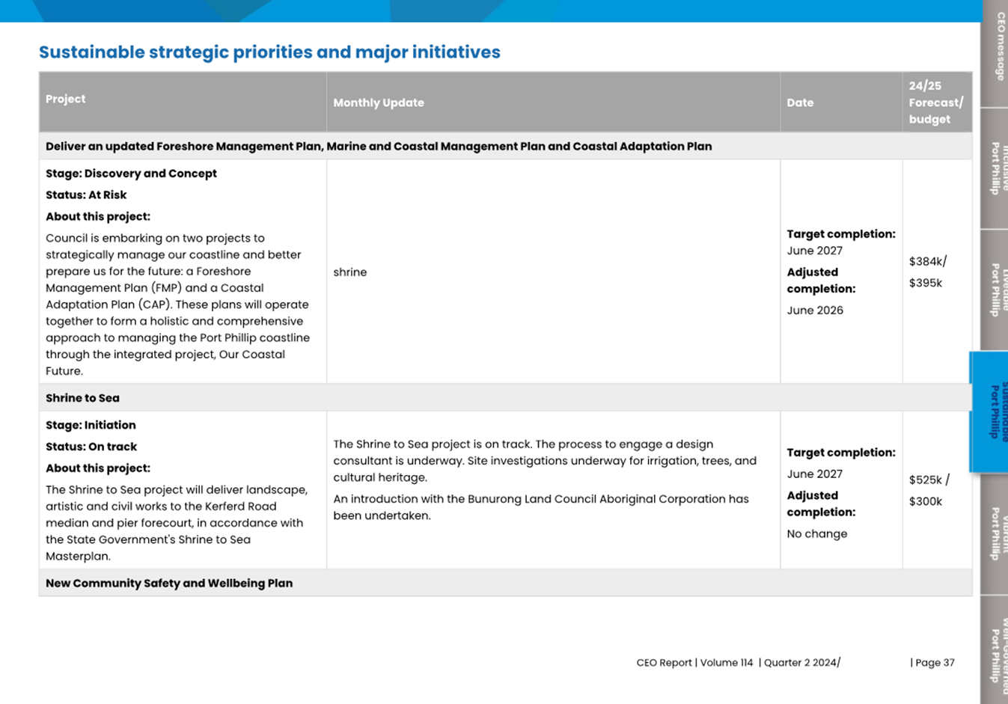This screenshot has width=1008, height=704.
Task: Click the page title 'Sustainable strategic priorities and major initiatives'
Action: [x=269, y=52]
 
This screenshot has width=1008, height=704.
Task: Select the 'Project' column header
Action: [x=66, y=99]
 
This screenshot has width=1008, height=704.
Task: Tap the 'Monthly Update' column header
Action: [x=379, y=102]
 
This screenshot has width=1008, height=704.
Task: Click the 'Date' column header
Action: [x=800, y=102]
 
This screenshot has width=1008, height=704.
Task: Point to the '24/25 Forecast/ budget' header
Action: [x=935, y=102]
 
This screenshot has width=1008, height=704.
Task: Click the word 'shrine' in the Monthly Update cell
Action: [x=350, y=272]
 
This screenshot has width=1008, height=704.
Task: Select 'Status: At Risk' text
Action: [x=86, y=195]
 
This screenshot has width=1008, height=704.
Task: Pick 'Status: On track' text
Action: [x=91, y=447]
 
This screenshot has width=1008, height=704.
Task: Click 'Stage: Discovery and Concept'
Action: [x=131, y=174]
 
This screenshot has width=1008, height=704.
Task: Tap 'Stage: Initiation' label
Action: [x=91, y=425]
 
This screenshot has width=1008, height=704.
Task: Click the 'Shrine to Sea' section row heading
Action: [x=82, y=398]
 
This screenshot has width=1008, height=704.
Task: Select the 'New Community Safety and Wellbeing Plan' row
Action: [x=169, y=583]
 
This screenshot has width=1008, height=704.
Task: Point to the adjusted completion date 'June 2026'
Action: [x=815, y=310]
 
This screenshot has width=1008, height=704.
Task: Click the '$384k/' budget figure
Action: [x=928, y=262]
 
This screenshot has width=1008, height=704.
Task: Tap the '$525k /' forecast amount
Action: [x=929, y=480]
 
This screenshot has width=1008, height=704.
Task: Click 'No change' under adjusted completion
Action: [x=817, y=533]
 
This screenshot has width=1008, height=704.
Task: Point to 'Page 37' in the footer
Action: [x=935, y=663]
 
